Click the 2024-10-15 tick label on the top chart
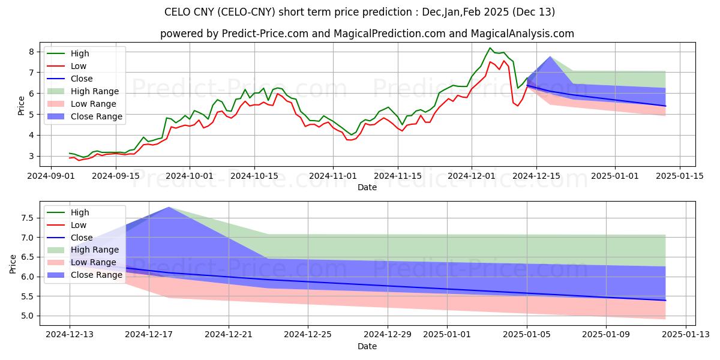254,176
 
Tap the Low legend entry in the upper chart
79,66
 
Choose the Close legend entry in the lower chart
81,237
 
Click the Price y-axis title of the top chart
22,104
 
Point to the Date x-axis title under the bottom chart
367,346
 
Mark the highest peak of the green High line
490,48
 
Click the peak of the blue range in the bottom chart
169,207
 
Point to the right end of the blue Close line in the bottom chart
665,300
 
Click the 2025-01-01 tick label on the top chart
615,176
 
